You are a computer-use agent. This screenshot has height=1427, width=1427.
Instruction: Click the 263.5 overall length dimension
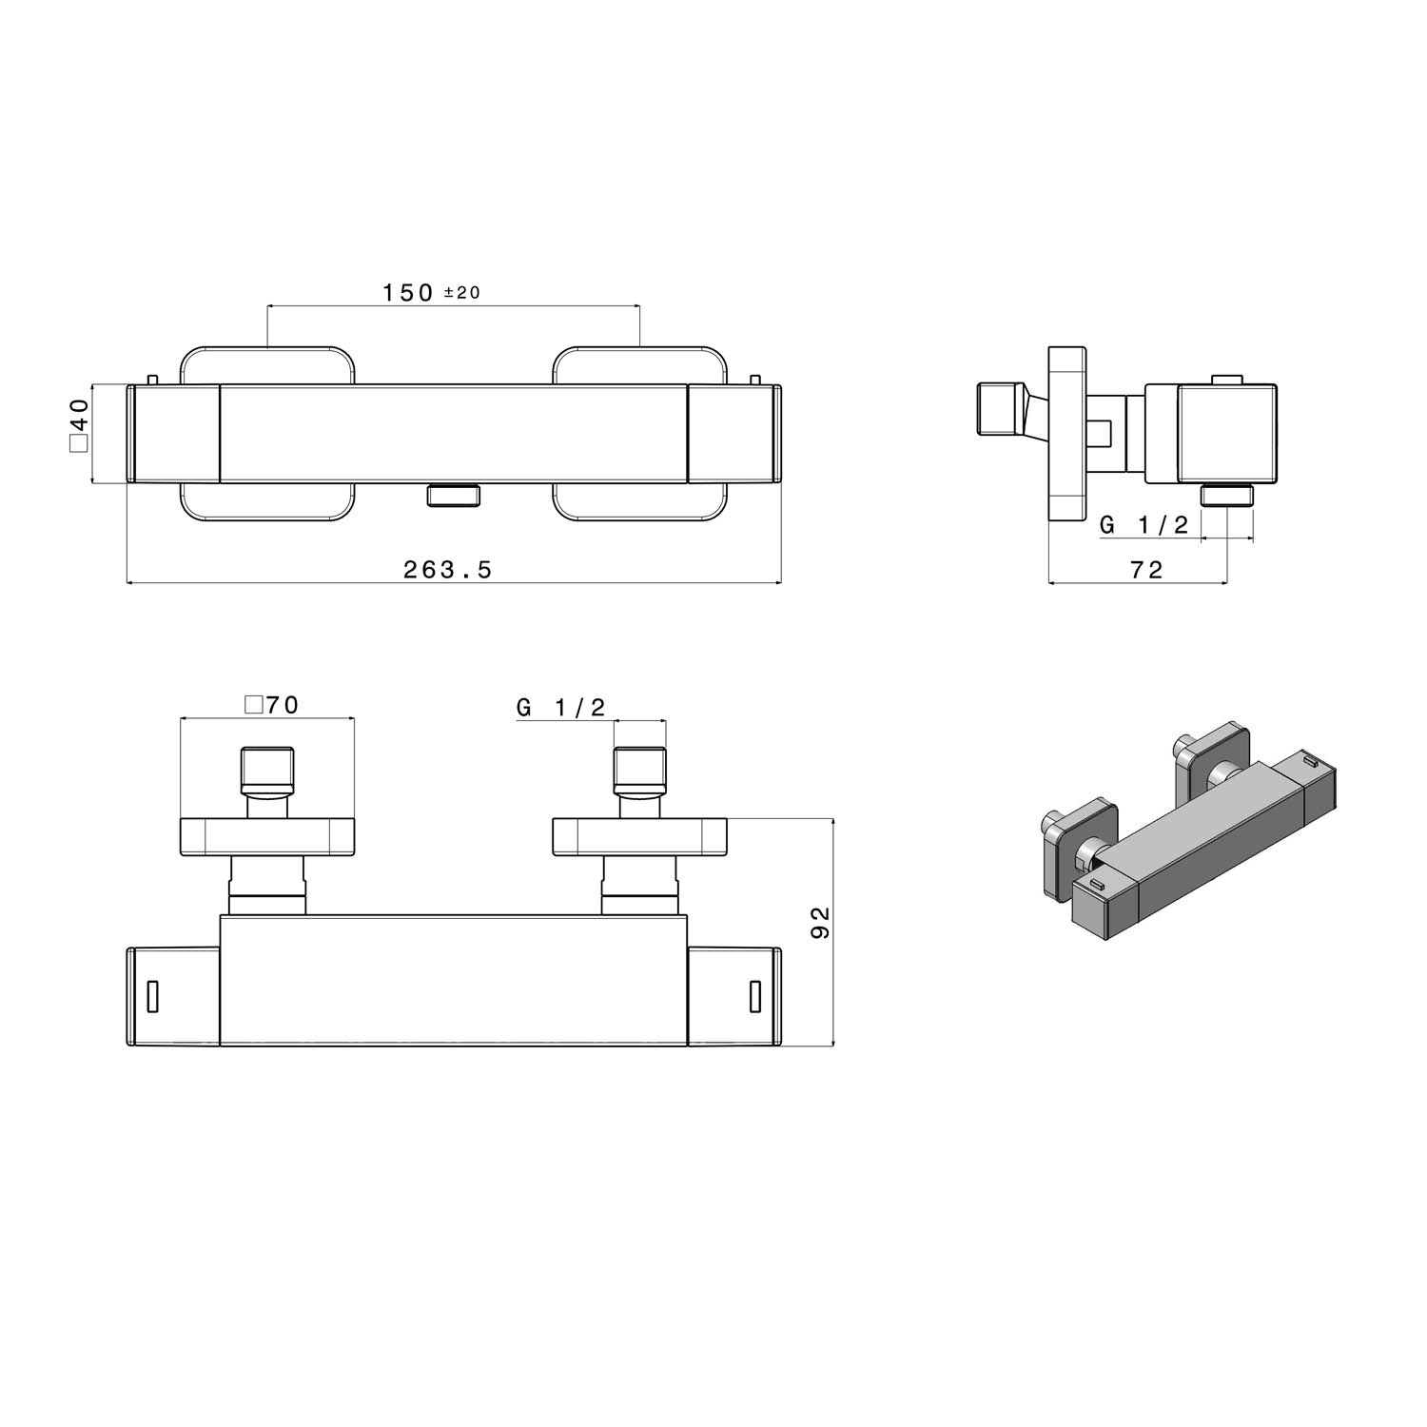pyautogui.click(x=447, y=570)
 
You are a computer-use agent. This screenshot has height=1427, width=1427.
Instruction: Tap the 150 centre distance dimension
pyautogui.click(x=408, y=292)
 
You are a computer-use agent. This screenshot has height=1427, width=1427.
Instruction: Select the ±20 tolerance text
pyautogui.click(x=462, y=293)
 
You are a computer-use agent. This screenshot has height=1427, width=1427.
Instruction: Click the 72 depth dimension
pyautogui.click(x=1146, y=570)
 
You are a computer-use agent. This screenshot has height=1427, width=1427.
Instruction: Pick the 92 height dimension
pyautogui.click(x=821, y=922)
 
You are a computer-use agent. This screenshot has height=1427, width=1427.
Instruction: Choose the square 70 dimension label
pyautogui.click(x=272, y=705)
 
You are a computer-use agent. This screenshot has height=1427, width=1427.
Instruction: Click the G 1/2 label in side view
pyautogui.click(x=1144, y=525)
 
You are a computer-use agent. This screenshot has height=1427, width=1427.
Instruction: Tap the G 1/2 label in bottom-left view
pyautogui.click(x=561, y=707)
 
